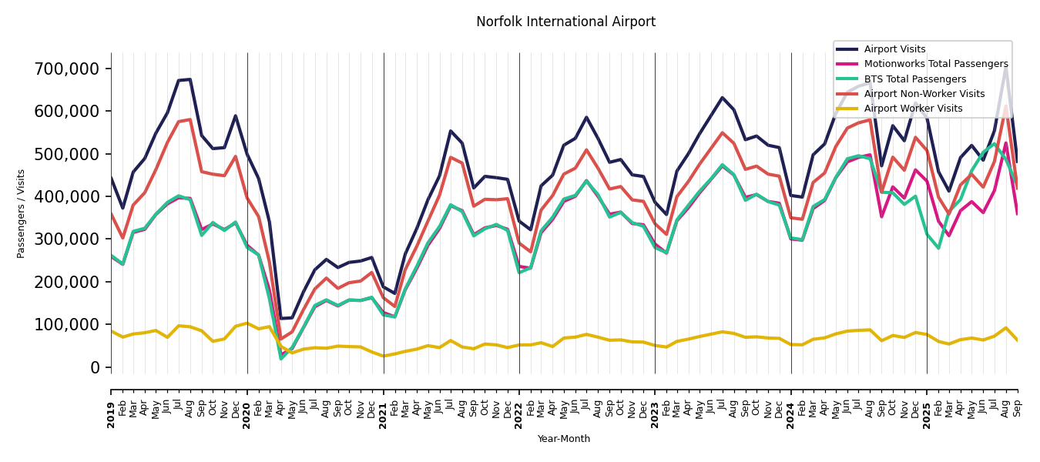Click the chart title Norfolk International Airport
(565, 22)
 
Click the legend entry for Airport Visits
(894, 49)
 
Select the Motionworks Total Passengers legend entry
(935, 64)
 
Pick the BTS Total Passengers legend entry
(914, 79)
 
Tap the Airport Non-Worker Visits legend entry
(924, 94)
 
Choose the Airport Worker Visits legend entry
(913, 109)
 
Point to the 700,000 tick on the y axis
(67, 69)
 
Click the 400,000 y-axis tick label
(67, 197)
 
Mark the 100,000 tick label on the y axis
(67, 325)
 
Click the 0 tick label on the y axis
(96, 368)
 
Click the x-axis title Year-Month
(564, 439)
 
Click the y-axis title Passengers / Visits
(22, 213)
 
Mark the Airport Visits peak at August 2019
(190, 79)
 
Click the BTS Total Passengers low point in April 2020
(281, 358)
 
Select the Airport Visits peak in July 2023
(723, 98)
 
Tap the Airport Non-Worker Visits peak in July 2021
(451, 157)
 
